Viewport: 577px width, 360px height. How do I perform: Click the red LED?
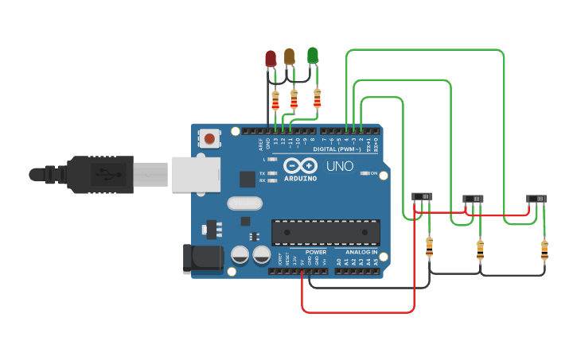coord(271,58)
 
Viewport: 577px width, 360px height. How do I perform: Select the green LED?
coord(313,55)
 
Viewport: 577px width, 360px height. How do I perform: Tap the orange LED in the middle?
coord(290,56)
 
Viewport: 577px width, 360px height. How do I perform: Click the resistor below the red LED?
coord(275,101)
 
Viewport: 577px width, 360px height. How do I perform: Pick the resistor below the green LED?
coord(318,98)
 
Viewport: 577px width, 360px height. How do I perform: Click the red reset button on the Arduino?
coord(209,138)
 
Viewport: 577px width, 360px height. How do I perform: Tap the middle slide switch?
coord(474,199)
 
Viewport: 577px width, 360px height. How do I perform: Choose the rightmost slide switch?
coord(537,199)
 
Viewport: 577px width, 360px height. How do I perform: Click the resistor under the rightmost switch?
coord(544,250)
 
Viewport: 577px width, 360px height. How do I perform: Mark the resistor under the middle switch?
coord(480,250)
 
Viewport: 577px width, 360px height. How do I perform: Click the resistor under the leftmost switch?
coord(430,247)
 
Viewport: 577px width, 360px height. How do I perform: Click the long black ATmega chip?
coord(326,232)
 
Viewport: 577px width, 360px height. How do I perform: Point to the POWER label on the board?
coord(316,252)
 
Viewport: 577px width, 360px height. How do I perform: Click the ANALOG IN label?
coord(361,252)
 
